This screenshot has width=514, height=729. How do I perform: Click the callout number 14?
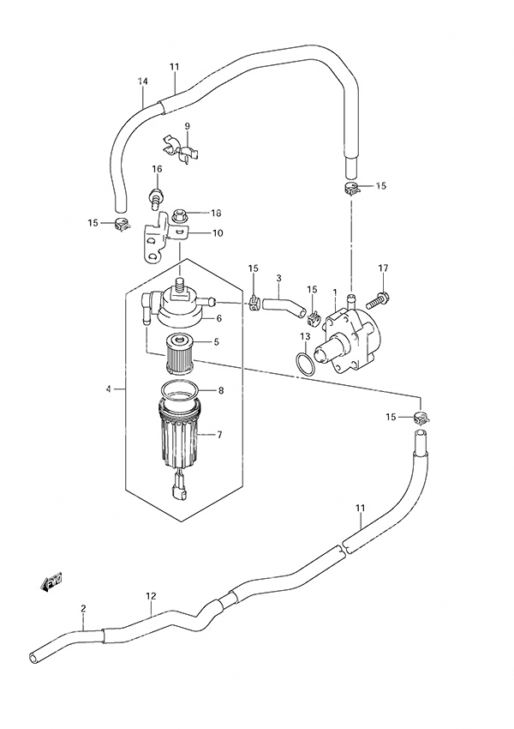click(142, 81)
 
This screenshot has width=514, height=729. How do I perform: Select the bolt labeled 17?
click(379, 300)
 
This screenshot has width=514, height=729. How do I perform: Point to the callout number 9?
click(187, 126)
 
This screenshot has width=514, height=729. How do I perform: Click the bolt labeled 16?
click(157, 197)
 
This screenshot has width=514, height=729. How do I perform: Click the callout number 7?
click(219, 435)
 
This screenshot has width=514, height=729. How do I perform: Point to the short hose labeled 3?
click(284, 307)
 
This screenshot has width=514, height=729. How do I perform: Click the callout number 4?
click(108, 389)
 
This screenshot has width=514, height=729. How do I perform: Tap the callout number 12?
click(151, 595)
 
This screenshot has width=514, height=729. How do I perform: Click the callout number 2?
click(83, 608)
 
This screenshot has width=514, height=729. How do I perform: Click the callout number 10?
click(218, 233)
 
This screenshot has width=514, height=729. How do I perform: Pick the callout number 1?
click(334, 292)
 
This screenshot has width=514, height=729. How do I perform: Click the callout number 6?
click(218, 318)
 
